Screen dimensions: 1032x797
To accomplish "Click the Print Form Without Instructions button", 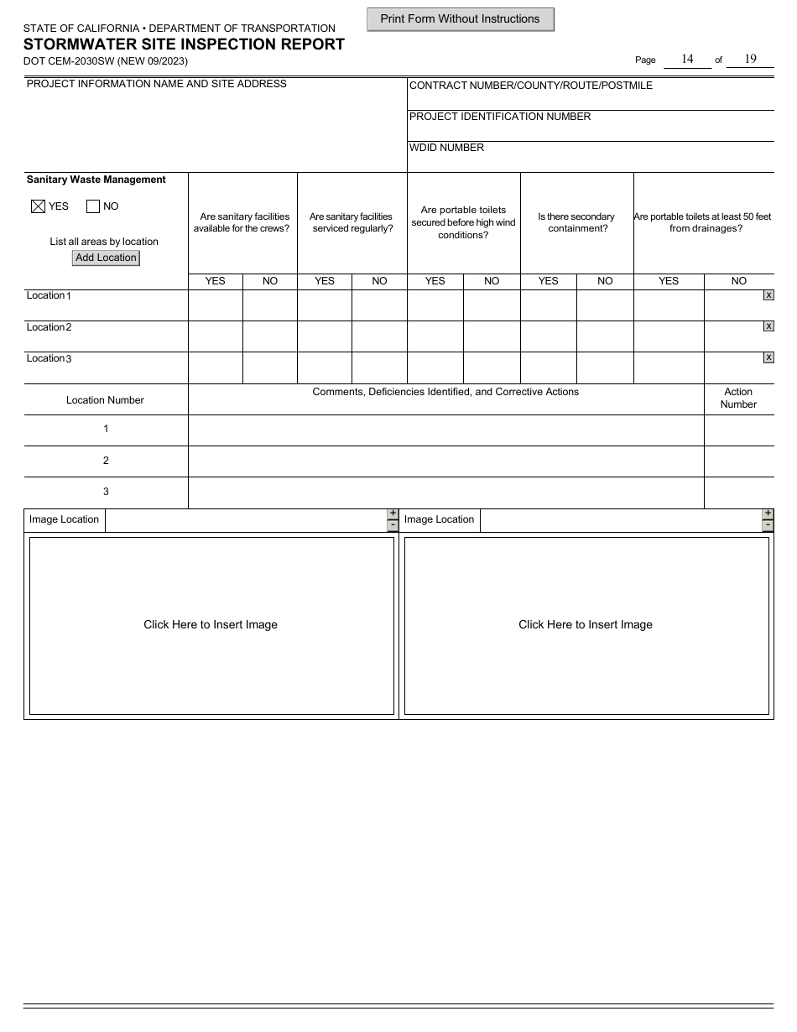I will tap(460, 19).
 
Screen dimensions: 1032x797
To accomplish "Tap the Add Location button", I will tap(106, 258).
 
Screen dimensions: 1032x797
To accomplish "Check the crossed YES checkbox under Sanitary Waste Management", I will tap(38, 206).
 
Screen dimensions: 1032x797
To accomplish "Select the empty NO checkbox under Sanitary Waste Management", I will tap(93, 206).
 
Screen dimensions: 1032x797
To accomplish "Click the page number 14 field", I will tap(687, 59).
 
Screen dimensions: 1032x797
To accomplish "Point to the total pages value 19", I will tap(750, 59).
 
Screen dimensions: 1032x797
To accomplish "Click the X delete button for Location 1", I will tap(768, 295).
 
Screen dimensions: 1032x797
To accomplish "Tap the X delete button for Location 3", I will tap(768, 358).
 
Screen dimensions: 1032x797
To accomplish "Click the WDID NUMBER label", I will tap(446, 148).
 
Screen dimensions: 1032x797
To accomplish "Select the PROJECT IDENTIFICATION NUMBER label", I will tap(500, 117).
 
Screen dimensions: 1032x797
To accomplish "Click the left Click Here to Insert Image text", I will tap(211, 625).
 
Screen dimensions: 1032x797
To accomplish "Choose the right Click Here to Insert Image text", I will tap(586, 625).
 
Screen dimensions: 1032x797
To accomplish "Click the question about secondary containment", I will tap(576, 222).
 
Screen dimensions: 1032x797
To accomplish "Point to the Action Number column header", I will tap(738, 398).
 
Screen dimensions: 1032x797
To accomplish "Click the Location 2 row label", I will tap(49, 327).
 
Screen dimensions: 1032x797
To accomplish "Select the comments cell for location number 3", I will tap(445, 493).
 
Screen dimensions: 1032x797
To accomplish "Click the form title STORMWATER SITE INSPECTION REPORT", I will tap(184, 44).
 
